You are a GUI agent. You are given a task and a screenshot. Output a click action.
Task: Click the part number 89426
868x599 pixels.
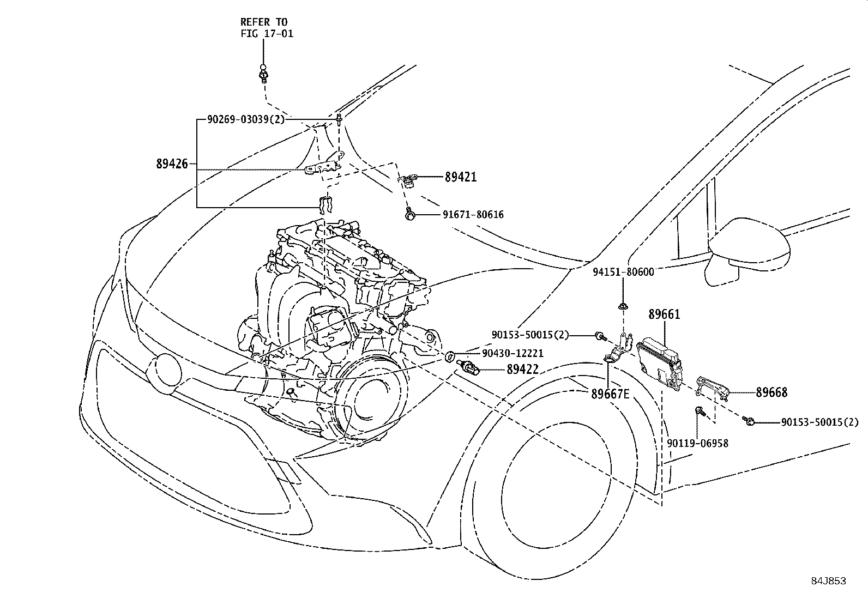click(172, 164)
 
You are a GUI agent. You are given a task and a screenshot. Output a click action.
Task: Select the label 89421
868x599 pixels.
click(460, 177)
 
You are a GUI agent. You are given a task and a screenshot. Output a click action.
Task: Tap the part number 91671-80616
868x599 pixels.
click(473, 215)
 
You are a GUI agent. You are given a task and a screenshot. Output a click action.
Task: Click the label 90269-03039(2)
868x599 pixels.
click(246, 119)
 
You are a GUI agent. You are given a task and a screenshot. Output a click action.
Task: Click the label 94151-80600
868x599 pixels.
click(623, 271)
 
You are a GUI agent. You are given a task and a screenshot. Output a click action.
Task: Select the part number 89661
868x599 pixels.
click(664, 314)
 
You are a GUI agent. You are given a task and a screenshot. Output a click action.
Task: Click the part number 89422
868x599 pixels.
click(522, 370)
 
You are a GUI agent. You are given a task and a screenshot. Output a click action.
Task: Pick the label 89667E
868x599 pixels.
click(610, 394)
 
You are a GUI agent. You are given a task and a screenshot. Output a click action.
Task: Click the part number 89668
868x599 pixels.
click(771, 392)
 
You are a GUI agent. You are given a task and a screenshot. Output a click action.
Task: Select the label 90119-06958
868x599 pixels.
click(697, 444)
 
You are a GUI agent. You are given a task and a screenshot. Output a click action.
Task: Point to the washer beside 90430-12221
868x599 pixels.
click(450, 357)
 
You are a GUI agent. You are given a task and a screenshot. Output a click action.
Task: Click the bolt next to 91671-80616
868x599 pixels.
click(409, 215)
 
